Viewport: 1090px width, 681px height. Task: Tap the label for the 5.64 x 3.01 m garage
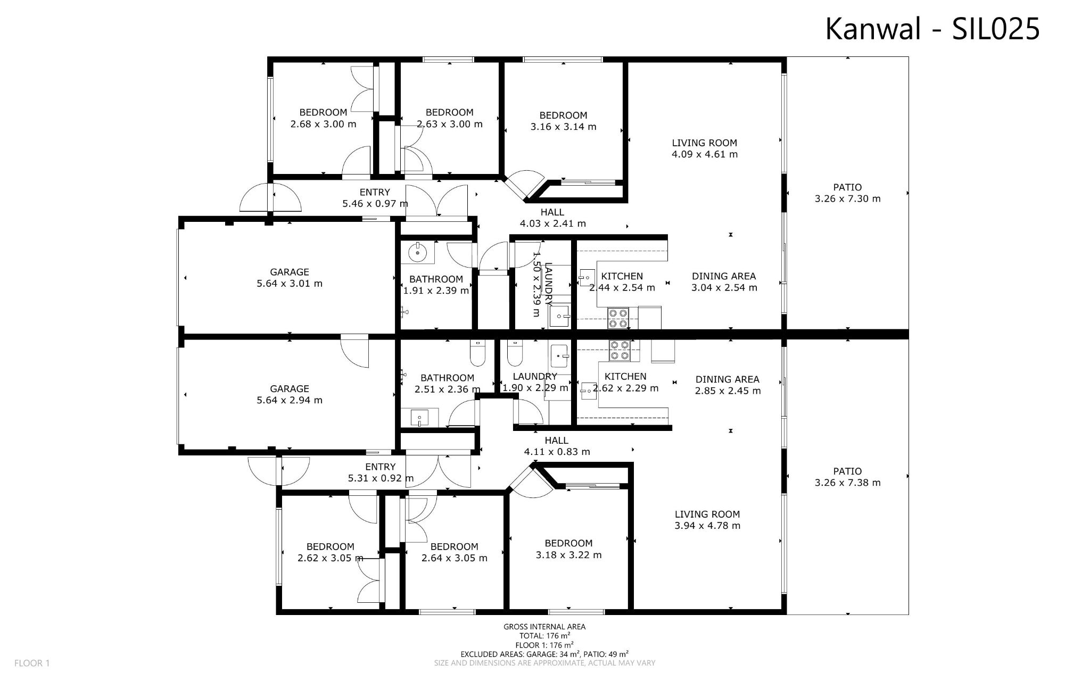[289, 278]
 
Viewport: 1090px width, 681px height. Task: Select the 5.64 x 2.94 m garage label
[289, 394]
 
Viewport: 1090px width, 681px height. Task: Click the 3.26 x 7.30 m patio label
[847, 193]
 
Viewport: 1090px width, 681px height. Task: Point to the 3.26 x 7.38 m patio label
[847, 477]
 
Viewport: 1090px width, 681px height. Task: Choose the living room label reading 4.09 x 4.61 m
[704, 148]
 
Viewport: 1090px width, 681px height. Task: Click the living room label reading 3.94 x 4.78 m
[707, 520]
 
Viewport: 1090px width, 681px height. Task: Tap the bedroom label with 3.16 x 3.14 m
[563, 121]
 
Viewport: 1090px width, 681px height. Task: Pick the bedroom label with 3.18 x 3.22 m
[568, 549]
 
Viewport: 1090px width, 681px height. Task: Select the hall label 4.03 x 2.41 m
[552, 218]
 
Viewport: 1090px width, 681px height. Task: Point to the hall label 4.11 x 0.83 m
[557, 446]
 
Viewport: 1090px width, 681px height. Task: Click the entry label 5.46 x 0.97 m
[375, 197]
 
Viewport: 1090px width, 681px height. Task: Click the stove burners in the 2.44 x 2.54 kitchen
[618, 318]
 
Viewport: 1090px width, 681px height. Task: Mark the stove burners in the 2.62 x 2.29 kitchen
[619, 351]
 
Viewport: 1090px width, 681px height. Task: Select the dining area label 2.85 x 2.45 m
[728, 385]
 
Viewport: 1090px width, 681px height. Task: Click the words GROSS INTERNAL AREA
[544, 627]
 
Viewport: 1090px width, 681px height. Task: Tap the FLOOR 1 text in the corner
[32, 663]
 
